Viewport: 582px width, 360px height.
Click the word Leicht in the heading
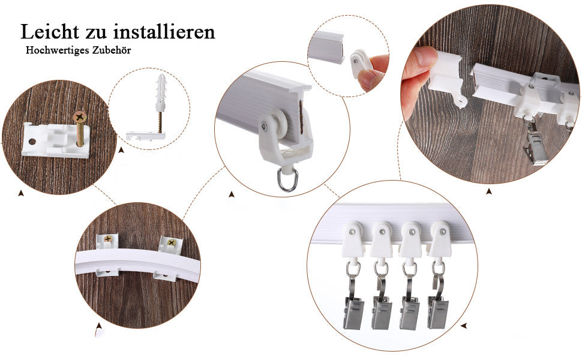[50, 31]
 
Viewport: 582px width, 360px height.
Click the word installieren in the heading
[164, 31]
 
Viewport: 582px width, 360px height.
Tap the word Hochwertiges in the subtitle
[58, 50]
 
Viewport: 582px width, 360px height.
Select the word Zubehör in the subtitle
[112, 50]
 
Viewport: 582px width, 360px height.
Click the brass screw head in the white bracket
[80, 118]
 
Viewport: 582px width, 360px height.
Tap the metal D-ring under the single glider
[286, 179]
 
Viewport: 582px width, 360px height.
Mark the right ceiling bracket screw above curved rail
[172, 243]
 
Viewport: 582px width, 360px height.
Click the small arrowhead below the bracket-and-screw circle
[21, 193]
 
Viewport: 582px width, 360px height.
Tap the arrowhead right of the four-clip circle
[464, 326]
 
